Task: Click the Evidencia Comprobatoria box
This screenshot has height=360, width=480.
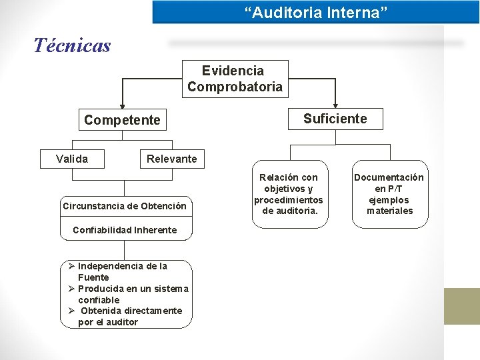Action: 235,79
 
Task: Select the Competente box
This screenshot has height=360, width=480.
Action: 122,120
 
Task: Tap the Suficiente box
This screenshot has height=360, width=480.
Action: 335,119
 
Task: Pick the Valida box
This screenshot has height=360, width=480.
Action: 71,159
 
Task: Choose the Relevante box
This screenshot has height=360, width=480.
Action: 171,159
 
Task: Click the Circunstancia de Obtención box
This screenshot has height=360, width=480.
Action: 125,205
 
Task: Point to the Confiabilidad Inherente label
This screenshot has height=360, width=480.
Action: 125,230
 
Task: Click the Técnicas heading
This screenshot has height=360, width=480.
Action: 72,45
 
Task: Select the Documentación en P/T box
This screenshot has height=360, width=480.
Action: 389,194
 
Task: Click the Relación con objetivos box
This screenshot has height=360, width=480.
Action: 289,194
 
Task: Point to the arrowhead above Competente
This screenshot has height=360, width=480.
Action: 122,105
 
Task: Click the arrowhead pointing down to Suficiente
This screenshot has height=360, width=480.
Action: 335,104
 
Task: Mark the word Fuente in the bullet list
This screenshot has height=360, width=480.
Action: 93,277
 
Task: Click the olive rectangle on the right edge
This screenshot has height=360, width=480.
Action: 462,306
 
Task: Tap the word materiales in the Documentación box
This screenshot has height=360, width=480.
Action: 389,211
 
